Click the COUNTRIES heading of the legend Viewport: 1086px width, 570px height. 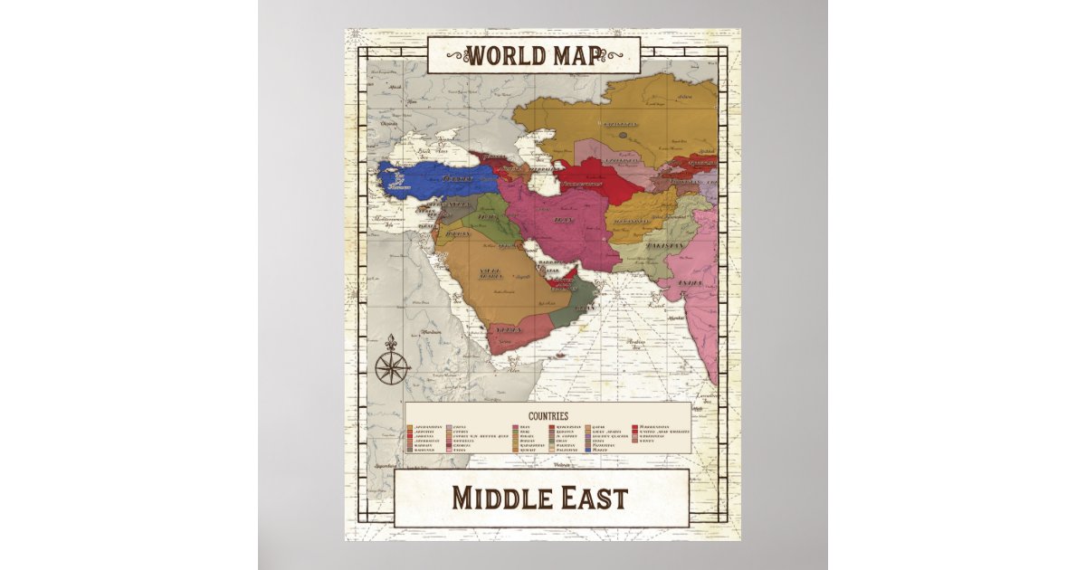coord(548,414)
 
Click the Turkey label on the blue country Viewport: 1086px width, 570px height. coord(457,178)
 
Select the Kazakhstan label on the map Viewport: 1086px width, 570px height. coord(620,124)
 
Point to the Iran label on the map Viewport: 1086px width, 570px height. coord(563,220)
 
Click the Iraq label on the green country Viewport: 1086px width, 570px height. coord(488,218)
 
